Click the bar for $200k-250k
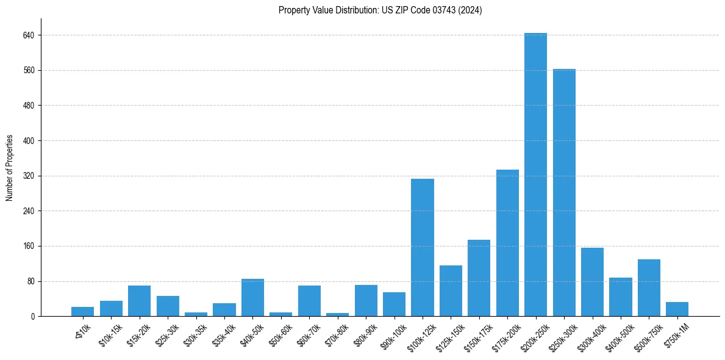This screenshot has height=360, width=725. (535, 175)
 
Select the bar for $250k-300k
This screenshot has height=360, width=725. (564, 193)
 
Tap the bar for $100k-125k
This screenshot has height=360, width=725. (423, 248)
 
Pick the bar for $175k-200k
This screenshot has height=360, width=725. (507, 243)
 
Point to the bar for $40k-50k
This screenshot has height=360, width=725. (252, 298)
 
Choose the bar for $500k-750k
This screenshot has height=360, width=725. (649, 288)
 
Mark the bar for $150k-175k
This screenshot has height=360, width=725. (479, 278)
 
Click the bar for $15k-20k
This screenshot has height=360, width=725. (139, 301)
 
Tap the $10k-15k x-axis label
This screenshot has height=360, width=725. (110, 334)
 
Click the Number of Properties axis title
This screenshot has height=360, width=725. (9, 168)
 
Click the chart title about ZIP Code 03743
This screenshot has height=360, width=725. (380, 10)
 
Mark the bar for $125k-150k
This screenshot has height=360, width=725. (451, 291)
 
